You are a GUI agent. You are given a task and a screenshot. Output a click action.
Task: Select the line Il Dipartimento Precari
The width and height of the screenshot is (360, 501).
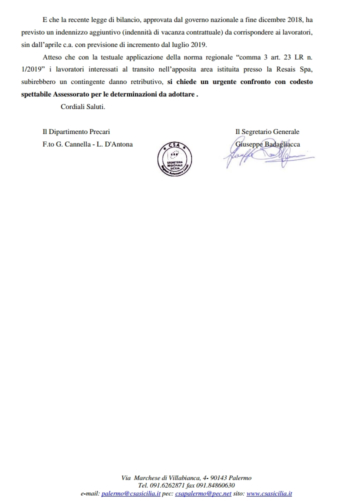click(76, 131)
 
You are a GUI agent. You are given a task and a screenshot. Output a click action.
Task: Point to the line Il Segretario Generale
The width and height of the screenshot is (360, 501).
click(267, 131)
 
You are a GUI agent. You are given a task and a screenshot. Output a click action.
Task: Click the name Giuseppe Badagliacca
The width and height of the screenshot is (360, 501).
click(267, 144)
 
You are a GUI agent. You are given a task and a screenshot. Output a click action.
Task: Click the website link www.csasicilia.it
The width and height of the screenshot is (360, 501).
click(269, 493)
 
